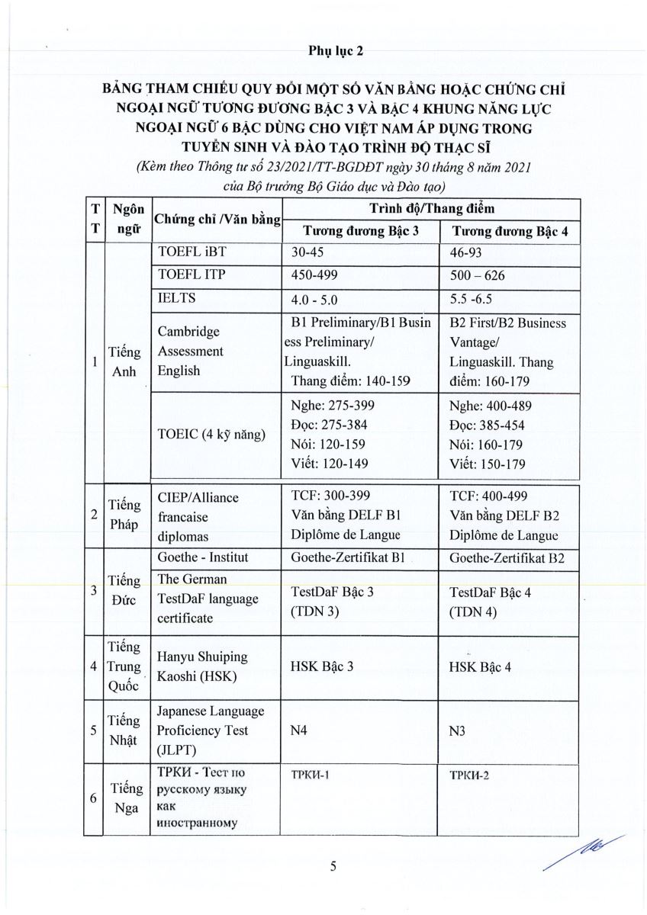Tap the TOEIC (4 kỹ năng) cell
pyautogui.click(x=211, y=435)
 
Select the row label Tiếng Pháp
pyautogui.click(x=124, y=515)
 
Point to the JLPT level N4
pyautogui.click(x=300, y=730)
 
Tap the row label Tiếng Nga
pyautogui.click(x=124, y=798)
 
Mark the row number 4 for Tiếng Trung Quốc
pyautogui.click(x=93, y=666)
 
